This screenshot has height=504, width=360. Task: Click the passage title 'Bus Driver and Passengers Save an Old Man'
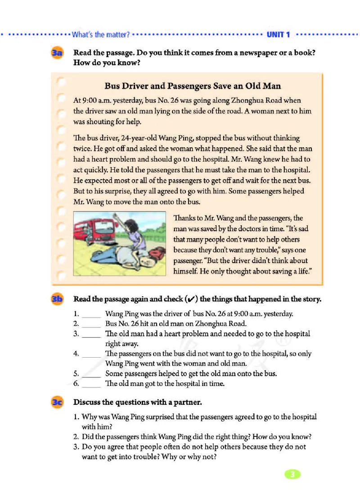coord(193,86)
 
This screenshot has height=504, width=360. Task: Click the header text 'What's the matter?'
coord(100,34)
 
